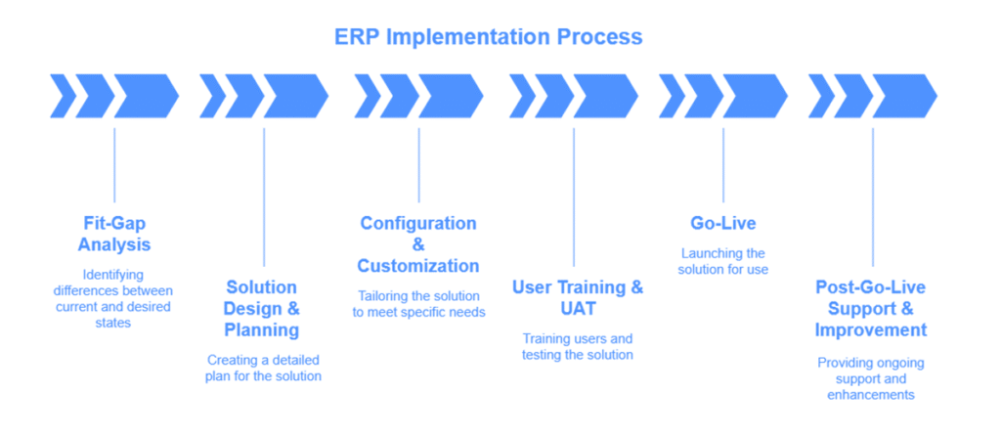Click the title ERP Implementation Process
489,36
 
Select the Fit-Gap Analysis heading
115,234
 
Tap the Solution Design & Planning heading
262,309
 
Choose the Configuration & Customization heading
418,244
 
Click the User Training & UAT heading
578,298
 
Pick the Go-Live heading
723,224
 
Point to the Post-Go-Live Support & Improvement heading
871,309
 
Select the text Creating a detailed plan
263,368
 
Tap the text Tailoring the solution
419,304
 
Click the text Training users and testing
578,346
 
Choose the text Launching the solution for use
723,261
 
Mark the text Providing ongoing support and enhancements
871,379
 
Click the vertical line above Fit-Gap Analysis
115,165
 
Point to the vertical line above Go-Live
723,165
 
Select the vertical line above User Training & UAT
574,197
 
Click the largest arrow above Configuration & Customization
451,96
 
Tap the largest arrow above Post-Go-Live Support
904,96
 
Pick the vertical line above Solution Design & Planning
264,197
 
